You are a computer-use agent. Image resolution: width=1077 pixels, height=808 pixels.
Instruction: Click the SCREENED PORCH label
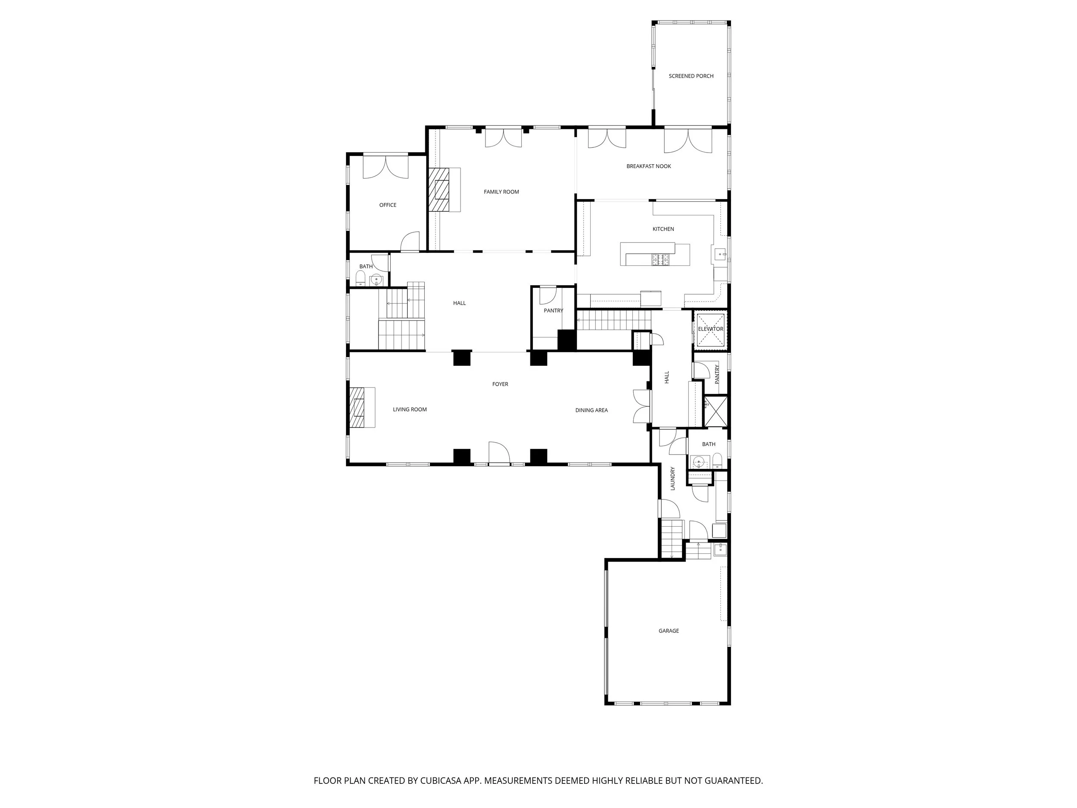(x=691, y=76)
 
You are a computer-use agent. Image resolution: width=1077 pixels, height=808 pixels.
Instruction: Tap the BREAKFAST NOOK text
(x=648, y=166)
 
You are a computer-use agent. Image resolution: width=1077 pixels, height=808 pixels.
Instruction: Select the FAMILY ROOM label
(x=501, y=192)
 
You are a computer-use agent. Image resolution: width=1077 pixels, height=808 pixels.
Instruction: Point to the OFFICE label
(x=388, y=205)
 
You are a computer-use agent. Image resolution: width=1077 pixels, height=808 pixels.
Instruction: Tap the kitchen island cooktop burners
(x=661, y=259)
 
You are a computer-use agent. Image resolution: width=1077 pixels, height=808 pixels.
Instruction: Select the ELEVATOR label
(x=710, y=329)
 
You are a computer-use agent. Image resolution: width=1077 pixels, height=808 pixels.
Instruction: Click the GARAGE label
(x=669, y=631)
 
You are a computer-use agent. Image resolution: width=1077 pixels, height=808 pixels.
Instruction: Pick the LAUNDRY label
(x=672, y=478)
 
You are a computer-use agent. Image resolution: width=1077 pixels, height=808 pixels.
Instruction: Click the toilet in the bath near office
(x=360, y=278)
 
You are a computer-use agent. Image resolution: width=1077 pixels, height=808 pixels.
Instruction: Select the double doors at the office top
(x=385, y=167)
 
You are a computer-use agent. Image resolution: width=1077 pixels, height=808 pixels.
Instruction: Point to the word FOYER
(x=500, y=384)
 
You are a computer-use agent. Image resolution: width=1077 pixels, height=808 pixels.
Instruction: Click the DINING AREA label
(x=591, y=410)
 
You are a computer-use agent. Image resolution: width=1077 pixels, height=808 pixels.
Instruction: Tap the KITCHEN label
(x=663, y=229)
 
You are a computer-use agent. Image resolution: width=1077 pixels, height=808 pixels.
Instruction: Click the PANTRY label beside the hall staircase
(x=553, y=311)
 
